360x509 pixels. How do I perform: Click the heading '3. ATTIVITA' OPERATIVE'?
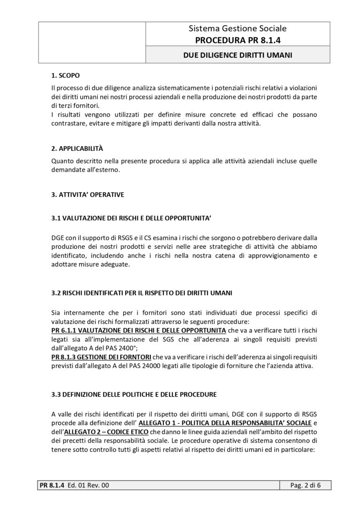[x=88, y=195]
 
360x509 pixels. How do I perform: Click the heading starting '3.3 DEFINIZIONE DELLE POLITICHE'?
[x=134, y=394]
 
